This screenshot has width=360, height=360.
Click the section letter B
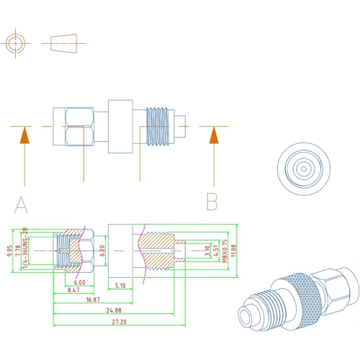point(212,201)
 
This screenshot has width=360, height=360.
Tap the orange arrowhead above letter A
point(25,135)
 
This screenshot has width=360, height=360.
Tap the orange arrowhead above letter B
point(212,135)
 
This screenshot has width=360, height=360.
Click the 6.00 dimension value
point(79,282)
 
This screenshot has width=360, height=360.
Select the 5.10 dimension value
point(121,284)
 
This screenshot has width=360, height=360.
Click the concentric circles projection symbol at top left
point(16,43)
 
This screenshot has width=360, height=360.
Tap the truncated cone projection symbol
point(65,43)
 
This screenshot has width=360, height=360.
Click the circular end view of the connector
point(302,170)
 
